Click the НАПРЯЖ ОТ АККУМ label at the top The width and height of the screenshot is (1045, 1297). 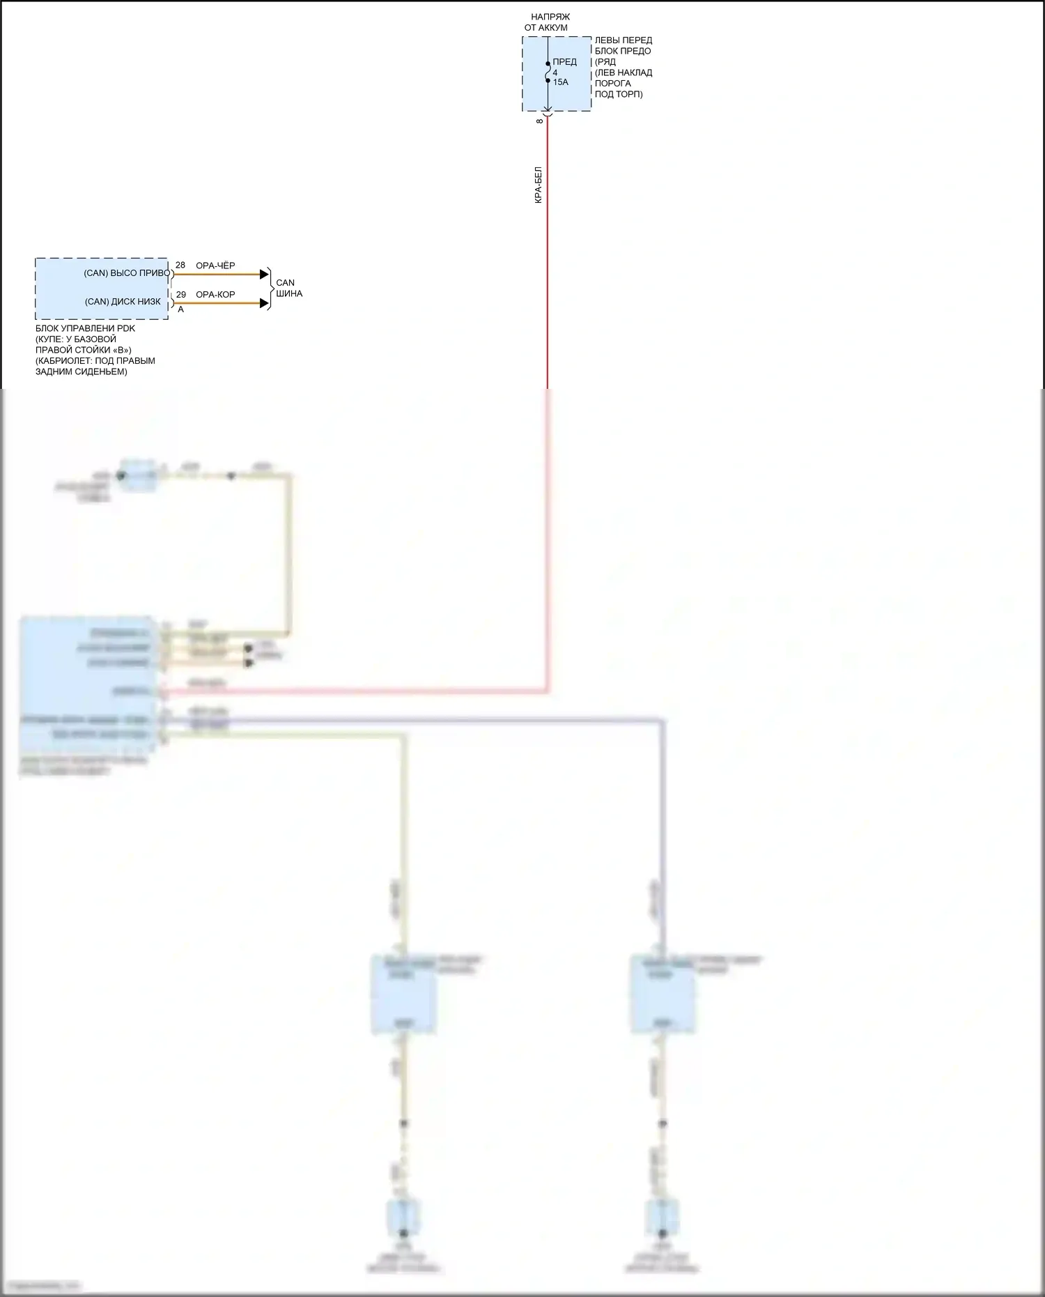[547, 22]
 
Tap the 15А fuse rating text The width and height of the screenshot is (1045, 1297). [561, 82]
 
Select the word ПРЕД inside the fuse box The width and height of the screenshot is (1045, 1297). [564, 62]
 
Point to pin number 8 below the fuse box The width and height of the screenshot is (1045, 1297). [540, 121]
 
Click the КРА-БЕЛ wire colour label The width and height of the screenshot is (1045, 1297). [539, 185]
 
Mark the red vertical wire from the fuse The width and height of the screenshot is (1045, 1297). [548, 293]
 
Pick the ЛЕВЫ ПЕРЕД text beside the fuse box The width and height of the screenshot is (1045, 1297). [623, 40]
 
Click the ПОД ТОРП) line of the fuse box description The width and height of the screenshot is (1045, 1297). [619, 94]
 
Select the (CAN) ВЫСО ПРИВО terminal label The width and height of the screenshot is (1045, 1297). [126, 273]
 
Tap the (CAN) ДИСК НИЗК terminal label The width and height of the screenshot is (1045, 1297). [123, 302]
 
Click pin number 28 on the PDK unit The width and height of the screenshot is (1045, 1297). [180, 266]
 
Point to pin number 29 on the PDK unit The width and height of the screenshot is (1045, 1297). [181, 295]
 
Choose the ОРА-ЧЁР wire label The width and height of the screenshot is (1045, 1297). [215, 266]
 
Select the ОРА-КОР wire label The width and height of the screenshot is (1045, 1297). [215, 295]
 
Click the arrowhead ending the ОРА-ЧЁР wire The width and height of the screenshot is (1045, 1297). [264, 274]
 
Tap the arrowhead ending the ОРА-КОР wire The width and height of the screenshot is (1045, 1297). [264, 303]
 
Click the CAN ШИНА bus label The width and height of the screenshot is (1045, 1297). [288, 288]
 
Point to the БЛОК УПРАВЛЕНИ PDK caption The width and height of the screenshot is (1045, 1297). [85, 328]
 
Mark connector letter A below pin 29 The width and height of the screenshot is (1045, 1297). [181, 309]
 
